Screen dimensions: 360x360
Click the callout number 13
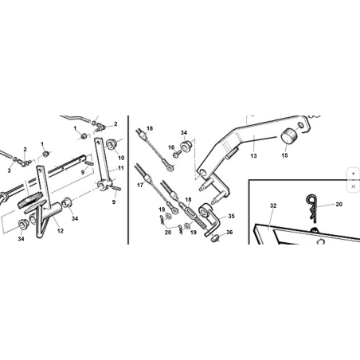pos(253,156)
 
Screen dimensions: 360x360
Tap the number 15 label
pos(284,155)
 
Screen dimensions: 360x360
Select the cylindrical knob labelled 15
pos(289,135)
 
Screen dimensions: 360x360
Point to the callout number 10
pos(121,158)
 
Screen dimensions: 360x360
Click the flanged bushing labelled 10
pos(112,143)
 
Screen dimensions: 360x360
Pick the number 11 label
pos(121,168)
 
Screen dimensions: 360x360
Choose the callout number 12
pos(61,231)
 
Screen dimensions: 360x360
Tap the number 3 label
pos(9,170)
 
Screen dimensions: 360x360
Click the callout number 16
pos(171,147)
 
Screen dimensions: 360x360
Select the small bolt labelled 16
pos(177,154)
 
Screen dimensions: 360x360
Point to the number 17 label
pos(140,185)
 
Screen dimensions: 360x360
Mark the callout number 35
pos(231,216)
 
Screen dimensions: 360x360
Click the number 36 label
pos(229,233)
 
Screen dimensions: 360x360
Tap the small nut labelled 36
pos(215,238)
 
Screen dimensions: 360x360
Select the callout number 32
pos(273,205)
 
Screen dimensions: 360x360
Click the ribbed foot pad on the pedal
pos(29,200)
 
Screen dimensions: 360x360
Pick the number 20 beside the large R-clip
pos(339,204)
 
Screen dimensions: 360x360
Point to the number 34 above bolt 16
pos(184,133)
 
